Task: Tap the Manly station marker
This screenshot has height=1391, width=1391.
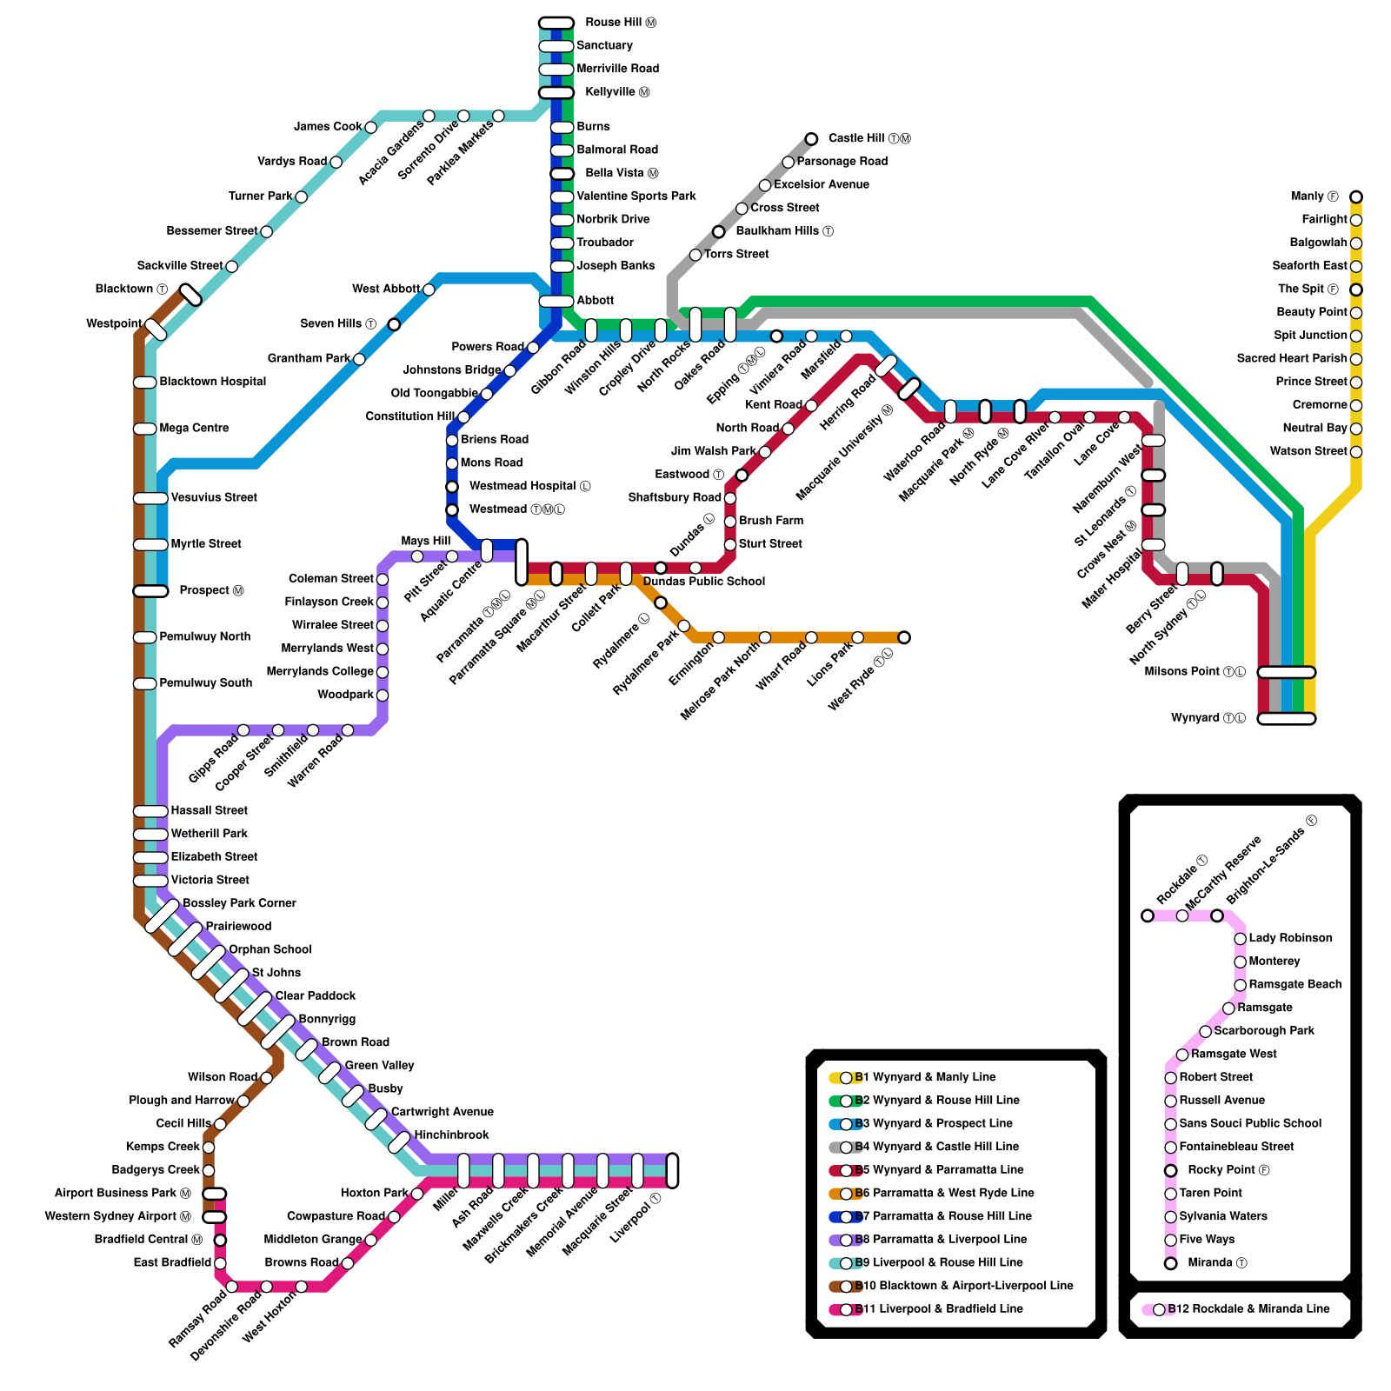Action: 1356,196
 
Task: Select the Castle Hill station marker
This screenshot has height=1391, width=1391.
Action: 811,139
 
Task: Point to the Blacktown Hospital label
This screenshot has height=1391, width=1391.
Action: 212,382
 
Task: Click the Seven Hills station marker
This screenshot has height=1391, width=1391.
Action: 394,324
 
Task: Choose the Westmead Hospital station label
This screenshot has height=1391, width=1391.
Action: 529,486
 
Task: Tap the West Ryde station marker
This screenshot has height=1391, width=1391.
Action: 904,637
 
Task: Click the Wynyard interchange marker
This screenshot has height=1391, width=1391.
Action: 1287,719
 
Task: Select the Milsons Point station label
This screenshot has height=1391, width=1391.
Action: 1195,672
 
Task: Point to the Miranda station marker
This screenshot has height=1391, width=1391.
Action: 1171,1263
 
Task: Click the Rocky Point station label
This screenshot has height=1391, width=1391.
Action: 1228,1170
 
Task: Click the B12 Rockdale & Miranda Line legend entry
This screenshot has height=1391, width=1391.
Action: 1248,1309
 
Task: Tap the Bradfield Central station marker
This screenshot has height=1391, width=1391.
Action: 220,1240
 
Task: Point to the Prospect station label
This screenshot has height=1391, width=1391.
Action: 211,590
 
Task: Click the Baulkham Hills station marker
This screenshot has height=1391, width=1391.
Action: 719,231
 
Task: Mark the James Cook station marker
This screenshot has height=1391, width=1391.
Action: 371,127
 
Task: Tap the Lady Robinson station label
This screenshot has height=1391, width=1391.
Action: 1290,938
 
